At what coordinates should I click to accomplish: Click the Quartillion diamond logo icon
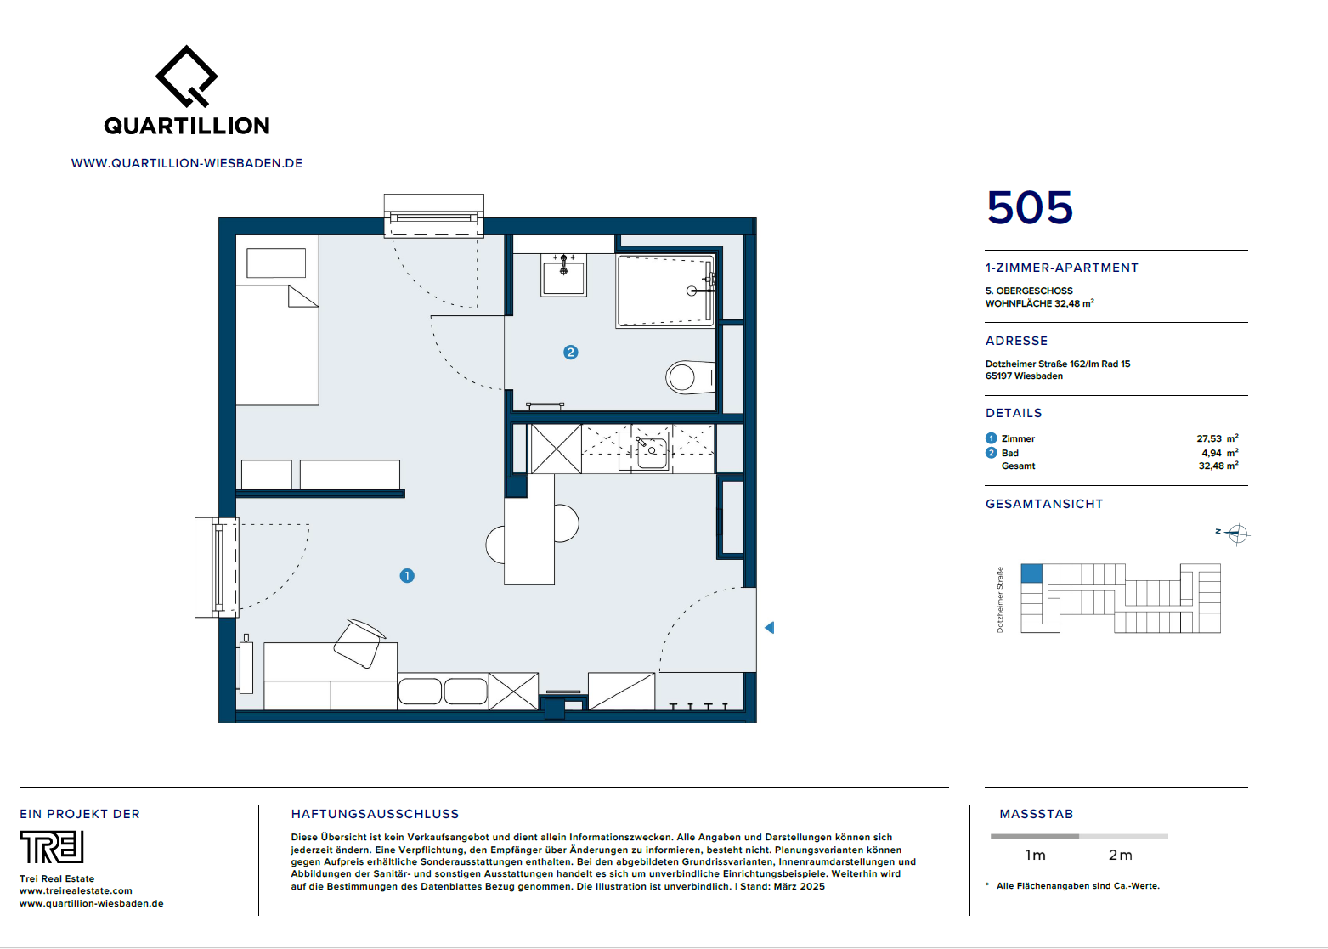click(186, 76)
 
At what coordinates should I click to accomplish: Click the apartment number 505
click(1030, 207)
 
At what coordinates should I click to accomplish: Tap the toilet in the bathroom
click(690, 377)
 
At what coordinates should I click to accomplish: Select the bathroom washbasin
click(563, 274)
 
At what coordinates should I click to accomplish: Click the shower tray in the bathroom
click(665, 291)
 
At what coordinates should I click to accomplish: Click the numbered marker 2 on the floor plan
click(570, 353)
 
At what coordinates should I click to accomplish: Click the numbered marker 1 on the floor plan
click(407, 575)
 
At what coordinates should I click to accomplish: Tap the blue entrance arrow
click(770, 627)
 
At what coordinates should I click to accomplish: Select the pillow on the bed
click(276, 263)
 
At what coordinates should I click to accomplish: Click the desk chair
click(358, 643)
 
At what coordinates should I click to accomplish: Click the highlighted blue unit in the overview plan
click(1031, 573)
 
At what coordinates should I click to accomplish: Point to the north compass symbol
click(1236, 534)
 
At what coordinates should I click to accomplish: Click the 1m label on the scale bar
click(1035, 856)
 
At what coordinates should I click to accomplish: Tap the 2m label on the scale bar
click(1120, 856)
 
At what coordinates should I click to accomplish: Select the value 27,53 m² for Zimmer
click(1218, 438)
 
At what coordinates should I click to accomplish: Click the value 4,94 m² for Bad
click(1220, 453)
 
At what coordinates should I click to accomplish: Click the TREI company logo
click(52, 846)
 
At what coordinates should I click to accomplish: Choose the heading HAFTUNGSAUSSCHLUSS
click(375, 814)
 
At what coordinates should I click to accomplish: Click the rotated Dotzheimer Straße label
click(1000, 599)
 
